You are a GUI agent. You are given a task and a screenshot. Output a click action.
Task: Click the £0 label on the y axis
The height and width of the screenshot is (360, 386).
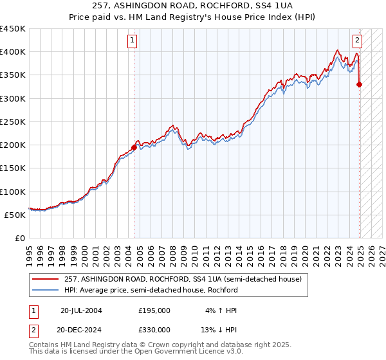pyautogui.click(x=21, y=238)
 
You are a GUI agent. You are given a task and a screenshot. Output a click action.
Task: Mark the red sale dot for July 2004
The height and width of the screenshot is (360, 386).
pyautogui.click(x=134, y=147)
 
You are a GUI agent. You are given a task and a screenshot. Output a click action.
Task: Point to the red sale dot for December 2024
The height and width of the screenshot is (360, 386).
pyautogui.click(x=360, y=84)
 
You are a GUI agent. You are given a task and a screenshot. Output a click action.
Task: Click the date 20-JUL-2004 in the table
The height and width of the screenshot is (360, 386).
pyautogui.click(x=81, y=310)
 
